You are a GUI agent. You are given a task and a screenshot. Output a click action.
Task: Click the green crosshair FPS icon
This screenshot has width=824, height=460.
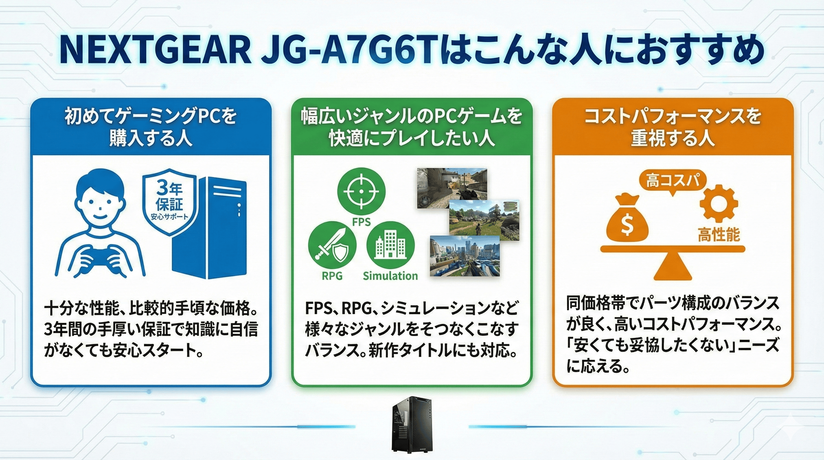361,192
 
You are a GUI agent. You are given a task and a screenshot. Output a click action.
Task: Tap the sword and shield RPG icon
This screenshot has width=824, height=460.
332,245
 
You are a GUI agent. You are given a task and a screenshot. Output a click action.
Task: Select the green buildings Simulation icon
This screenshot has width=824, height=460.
390,245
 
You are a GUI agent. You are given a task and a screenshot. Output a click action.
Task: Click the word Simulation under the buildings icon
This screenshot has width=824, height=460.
390,276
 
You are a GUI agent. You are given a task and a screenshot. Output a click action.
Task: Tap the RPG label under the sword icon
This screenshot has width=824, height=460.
332,276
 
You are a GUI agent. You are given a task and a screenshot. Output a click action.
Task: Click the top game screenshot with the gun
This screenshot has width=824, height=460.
452,188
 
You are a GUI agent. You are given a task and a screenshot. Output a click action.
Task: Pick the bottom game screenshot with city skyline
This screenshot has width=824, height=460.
465,256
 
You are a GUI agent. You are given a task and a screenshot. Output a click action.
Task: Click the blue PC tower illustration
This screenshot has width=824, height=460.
210,229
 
